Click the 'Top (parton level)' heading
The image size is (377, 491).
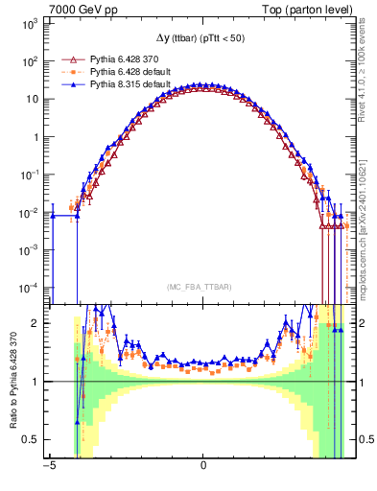click(x=307, y=9)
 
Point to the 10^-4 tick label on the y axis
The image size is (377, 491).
click(x=28, y=287)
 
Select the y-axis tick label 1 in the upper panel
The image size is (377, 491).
click(x=36, y=136)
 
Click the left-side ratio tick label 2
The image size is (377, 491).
click(x=35, y=323)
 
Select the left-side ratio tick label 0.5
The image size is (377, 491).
click(x=31, y=439)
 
